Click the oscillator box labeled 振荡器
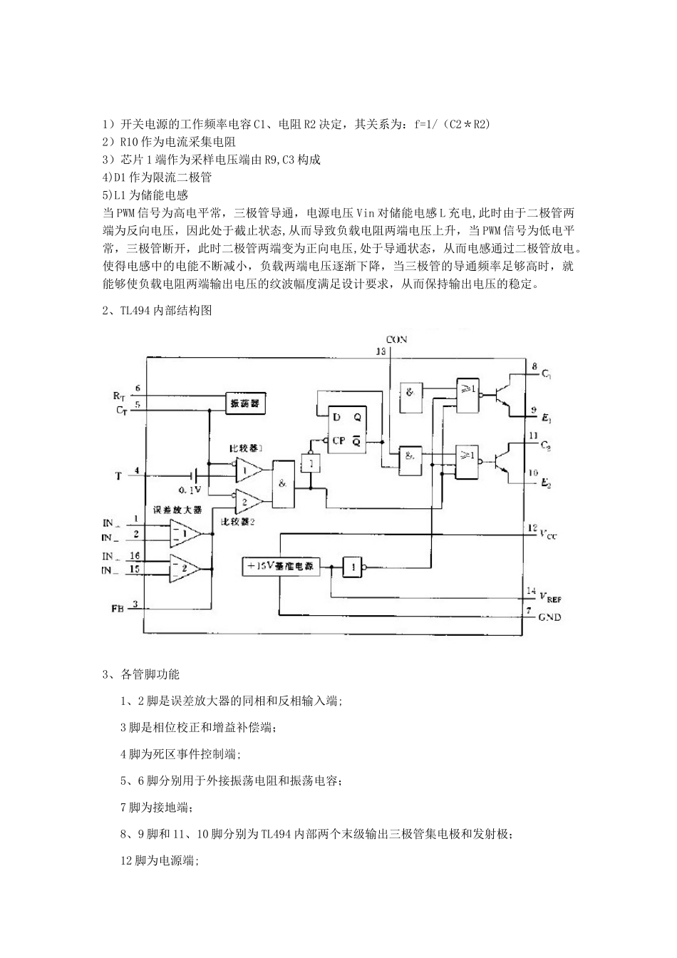point(245,403)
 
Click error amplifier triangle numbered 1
point(184,532)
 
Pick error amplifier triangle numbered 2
point(184,568)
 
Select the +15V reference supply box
point(280,567)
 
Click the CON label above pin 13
point(396,339)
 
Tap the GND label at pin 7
point(549,617)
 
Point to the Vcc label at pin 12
point(547,533)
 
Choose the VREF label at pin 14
point(549,596)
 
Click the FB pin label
point(118,609)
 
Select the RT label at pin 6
point(118,394)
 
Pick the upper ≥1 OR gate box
point(467,394)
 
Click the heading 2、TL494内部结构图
point(157,311)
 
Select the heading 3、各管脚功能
point(141,674)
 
